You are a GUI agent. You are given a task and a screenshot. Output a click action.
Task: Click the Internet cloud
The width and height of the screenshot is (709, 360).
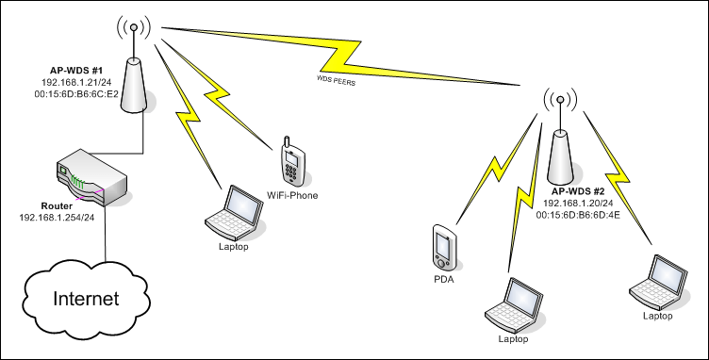86,299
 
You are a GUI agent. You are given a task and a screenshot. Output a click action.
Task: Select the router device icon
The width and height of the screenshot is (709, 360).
91,176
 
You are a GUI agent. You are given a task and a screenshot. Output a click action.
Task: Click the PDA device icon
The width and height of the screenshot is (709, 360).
444,248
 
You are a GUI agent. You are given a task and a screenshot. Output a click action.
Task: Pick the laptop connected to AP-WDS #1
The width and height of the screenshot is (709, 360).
234,212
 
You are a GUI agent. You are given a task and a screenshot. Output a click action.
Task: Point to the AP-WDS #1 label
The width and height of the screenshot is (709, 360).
76,71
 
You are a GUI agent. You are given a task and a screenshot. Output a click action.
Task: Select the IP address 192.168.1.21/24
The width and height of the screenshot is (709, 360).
76,82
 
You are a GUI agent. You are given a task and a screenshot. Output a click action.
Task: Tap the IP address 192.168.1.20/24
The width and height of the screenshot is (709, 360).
578,204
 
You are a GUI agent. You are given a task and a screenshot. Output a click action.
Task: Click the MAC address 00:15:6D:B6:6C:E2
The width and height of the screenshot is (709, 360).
76,94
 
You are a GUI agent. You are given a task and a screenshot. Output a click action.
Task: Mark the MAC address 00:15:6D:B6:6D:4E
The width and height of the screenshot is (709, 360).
578,215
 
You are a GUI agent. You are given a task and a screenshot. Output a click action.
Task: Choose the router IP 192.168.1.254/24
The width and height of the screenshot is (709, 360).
57,218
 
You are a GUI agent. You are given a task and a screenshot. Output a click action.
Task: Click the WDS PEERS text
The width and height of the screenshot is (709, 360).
336,81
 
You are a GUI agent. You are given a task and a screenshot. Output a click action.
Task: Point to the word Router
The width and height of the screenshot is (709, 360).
57,206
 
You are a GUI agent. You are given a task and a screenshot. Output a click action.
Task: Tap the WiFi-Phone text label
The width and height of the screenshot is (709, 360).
292,196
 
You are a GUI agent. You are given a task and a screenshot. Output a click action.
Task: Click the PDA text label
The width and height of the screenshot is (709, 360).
444,280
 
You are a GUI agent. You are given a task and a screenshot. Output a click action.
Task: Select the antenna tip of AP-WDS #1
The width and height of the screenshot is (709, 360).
133,27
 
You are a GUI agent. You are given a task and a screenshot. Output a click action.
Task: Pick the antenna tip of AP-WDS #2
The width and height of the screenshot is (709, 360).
560,99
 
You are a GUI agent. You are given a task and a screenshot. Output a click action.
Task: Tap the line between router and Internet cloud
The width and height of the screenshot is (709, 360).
106,234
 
